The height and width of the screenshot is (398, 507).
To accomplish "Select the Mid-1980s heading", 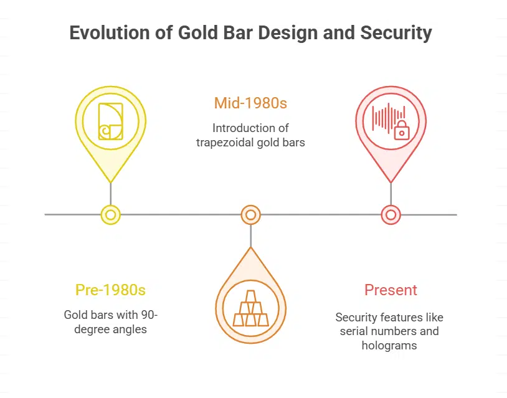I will (250, 103).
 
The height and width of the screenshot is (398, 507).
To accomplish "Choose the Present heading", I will (391, 290).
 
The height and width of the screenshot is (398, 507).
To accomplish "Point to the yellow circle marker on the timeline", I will (110, 215).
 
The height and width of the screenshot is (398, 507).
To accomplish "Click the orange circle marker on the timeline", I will (250, 215).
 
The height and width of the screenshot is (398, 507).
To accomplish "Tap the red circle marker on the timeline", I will (391, 215).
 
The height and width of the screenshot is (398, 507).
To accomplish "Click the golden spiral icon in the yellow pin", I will (110, 120).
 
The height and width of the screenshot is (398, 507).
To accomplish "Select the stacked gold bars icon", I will (250, 309).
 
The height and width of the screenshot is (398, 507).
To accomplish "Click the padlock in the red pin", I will (402, 131).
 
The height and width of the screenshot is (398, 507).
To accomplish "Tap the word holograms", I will (389, 345).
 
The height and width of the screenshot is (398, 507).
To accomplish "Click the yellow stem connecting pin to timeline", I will (110, 193).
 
